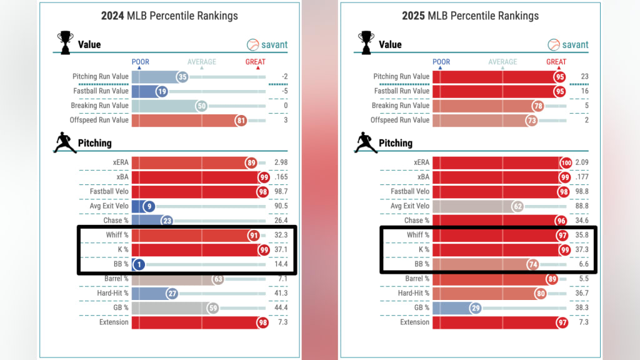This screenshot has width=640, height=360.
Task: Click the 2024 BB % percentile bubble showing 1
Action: coord(139,264)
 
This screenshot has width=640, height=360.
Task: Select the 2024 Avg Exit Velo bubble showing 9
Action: coord(149,206)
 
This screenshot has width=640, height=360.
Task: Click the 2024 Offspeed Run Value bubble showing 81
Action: coord(241,120)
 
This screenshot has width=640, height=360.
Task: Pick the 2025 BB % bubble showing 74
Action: coord(532,264)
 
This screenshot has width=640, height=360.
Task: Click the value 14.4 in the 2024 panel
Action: coord(281,264)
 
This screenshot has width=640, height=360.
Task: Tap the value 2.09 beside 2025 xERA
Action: coord(581,162)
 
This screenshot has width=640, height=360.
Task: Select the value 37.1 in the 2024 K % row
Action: coord(281,250)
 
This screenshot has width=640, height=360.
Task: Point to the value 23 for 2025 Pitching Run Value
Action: coord(585,77)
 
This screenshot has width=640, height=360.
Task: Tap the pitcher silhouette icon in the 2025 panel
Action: coord(365,142)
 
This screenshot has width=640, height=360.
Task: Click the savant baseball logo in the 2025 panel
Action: coord(554,45)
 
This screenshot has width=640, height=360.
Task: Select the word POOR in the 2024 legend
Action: coord(141,62)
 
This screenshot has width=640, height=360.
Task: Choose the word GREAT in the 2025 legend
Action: coord(556,62)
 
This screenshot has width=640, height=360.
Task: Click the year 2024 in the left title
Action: coord(114,16)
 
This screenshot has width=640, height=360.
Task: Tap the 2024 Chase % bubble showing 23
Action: coord(167,221)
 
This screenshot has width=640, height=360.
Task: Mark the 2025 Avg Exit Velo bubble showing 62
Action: coord(517,206)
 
